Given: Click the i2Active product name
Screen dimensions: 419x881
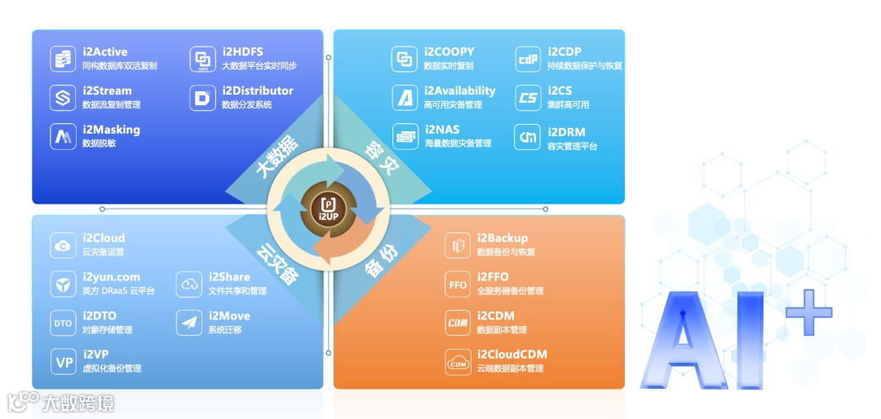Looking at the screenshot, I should point(105,52).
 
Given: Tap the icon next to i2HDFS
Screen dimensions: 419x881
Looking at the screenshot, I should point(202,60).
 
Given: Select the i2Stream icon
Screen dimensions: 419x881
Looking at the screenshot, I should point(62,98).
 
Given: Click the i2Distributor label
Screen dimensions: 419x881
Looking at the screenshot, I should point(257,90).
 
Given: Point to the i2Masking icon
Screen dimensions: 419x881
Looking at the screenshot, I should point(62,136).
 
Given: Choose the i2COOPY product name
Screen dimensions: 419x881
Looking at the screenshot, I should point(449,52).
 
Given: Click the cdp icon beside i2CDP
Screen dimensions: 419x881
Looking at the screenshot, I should point(529,60).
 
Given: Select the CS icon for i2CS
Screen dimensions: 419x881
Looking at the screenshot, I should point(529,98).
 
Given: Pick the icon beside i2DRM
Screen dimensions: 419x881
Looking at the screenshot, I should point(529,137).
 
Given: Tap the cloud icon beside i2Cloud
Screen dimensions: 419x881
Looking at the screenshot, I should point(63,245).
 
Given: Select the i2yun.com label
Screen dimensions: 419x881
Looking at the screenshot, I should point(111,277).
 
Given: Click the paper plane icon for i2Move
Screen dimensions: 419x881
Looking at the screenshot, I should point(189,323).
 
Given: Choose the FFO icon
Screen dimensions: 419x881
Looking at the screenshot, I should point(458,284).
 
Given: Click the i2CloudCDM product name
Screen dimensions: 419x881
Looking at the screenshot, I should point(511,355).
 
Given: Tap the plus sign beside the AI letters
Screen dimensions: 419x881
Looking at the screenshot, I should point(807,311).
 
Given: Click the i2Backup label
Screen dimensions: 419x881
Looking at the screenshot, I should point(502,238).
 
